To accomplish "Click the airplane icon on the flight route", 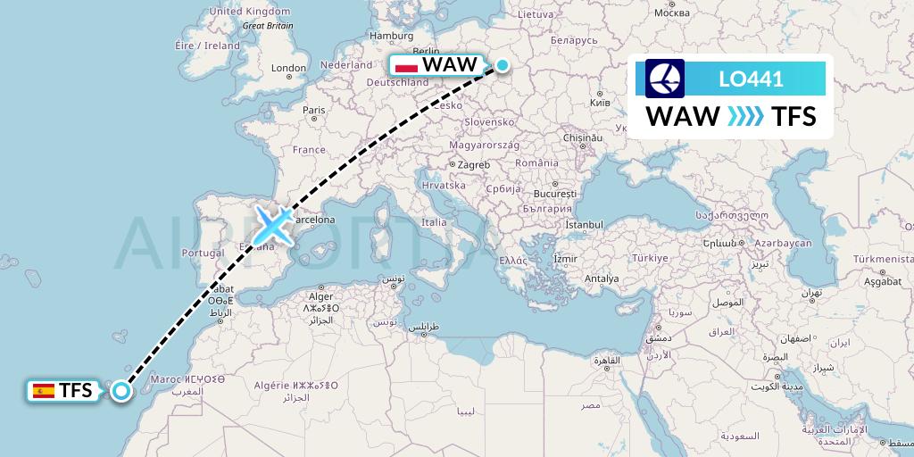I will pos(274,224).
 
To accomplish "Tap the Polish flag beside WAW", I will pos(406,66).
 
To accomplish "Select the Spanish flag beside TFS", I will pos(42,390).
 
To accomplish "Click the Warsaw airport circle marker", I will pos(503,65).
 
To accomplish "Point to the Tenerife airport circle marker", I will pos(120,389).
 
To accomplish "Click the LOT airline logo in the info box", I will pos(664,79).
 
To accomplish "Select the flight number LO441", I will pos(751,79).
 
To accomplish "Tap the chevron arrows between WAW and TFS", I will pos(745,117).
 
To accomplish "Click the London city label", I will pos(288,68).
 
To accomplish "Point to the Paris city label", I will pos(312,111).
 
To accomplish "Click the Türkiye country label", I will pos(649,258).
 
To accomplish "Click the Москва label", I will pos(671,12).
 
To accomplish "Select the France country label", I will pos(309,150).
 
